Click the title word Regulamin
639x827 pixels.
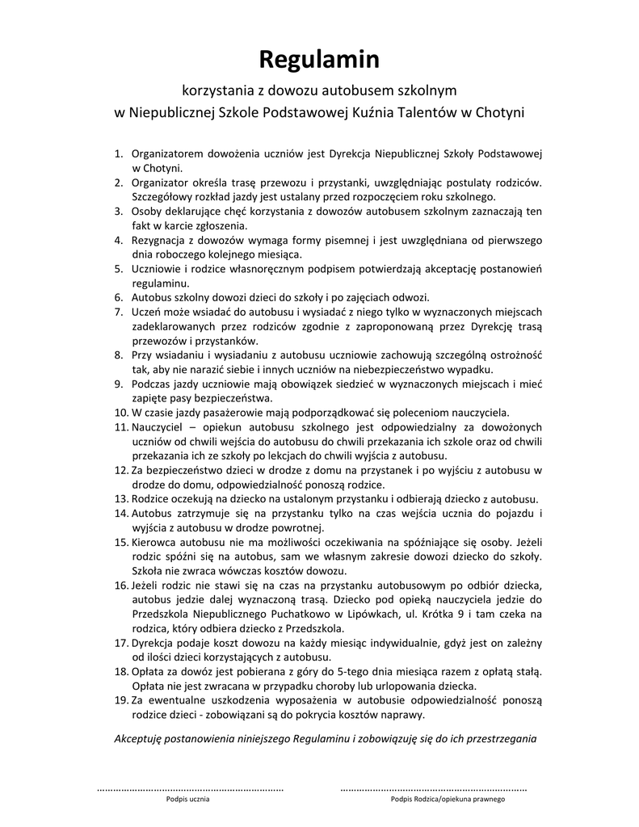[x=318, y=59]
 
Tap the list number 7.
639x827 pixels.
[x=117, y=312]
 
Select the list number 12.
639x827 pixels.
[x=120, y=469]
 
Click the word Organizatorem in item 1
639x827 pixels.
[x=167, y=153]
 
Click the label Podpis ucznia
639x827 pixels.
[x=188, y=799]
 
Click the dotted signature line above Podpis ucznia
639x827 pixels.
[x=190, y=787]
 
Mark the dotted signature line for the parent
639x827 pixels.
[x=434, y=787]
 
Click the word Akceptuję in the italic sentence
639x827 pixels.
[x=142, y=738]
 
